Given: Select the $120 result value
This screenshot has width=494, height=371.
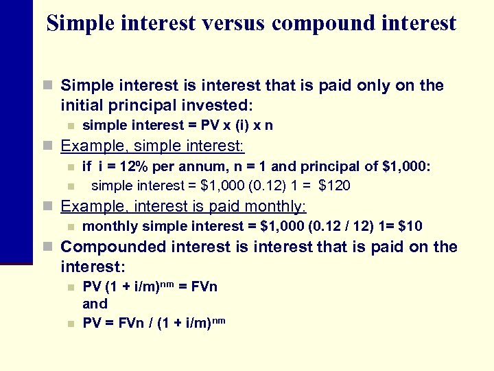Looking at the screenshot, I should tap(335, 185).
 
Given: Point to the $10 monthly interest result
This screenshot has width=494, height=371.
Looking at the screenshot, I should tap(411, 226).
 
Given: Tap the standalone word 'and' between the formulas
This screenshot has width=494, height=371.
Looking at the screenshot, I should tap(95, 304).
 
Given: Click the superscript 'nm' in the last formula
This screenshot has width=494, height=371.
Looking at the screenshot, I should tap(220, 319).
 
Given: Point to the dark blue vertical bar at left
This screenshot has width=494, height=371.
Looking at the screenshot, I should tap(16, 137).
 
